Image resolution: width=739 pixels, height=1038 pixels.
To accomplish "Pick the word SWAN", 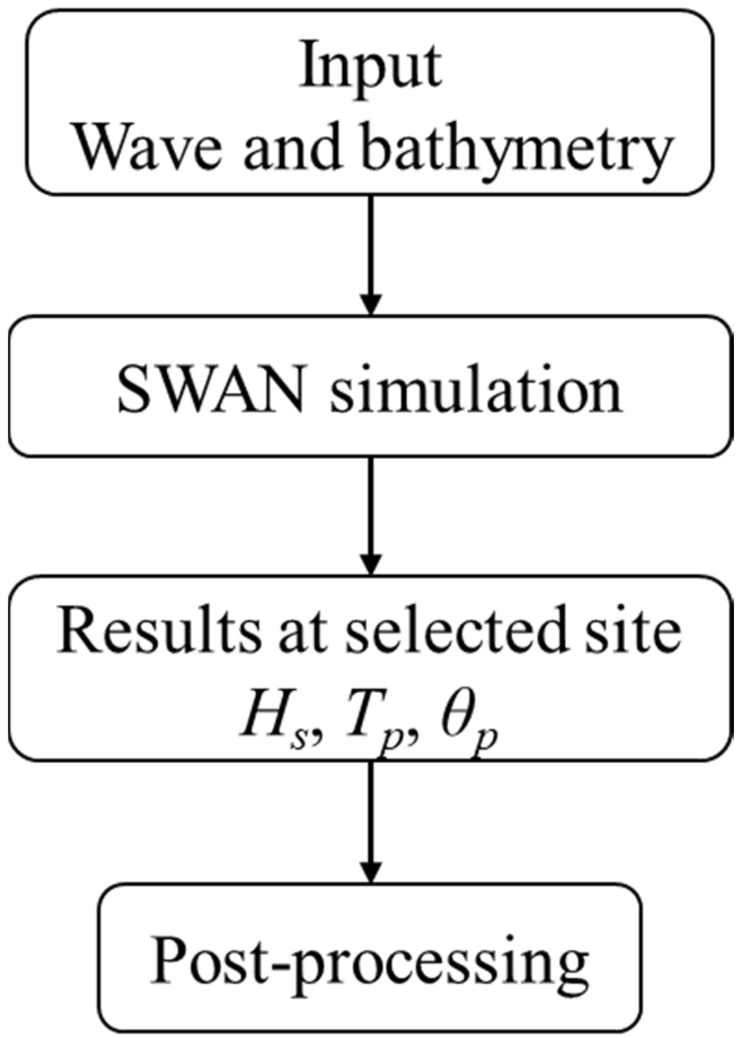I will pyautogui.click(x=211, y=389).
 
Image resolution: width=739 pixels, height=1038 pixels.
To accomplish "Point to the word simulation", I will pyautogui.click(x=476, y=389).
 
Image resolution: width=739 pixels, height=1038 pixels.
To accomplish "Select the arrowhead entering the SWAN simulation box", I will pyautogui.click(x=370, y=305).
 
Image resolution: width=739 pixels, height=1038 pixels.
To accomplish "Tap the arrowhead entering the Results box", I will pyautogui.click(x=370, y=564).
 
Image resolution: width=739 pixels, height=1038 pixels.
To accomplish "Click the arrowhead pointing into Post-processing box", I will pyautogui.click(x=370, y=872).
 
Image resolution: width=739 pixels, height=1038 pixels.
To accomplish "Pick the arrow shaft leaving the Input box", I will pyautogui.click(x=370, y=242).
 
